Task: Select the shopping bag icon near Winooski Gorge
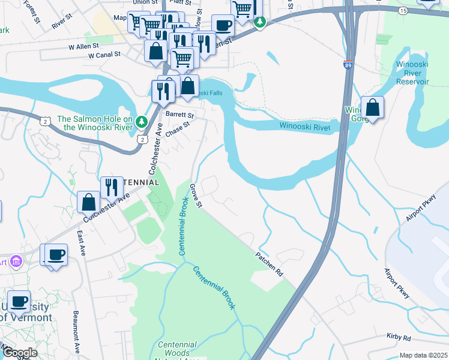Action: click(372, 108)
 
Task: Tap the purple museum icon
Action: click(16, 261)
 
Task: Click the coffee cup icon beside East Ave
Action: click(56, 254)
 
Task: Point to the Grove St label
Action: click(196, 196)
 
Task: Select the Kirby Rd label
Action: click(398, 338)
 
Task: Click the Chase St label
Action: click(178, 128)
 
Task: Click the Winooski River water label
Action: click(305, 126)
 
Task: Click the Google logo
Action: click(19, 353)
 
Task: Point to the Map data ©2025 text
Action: click(423, 355)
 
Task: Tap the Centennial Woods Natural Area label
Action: click(177, 349)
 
